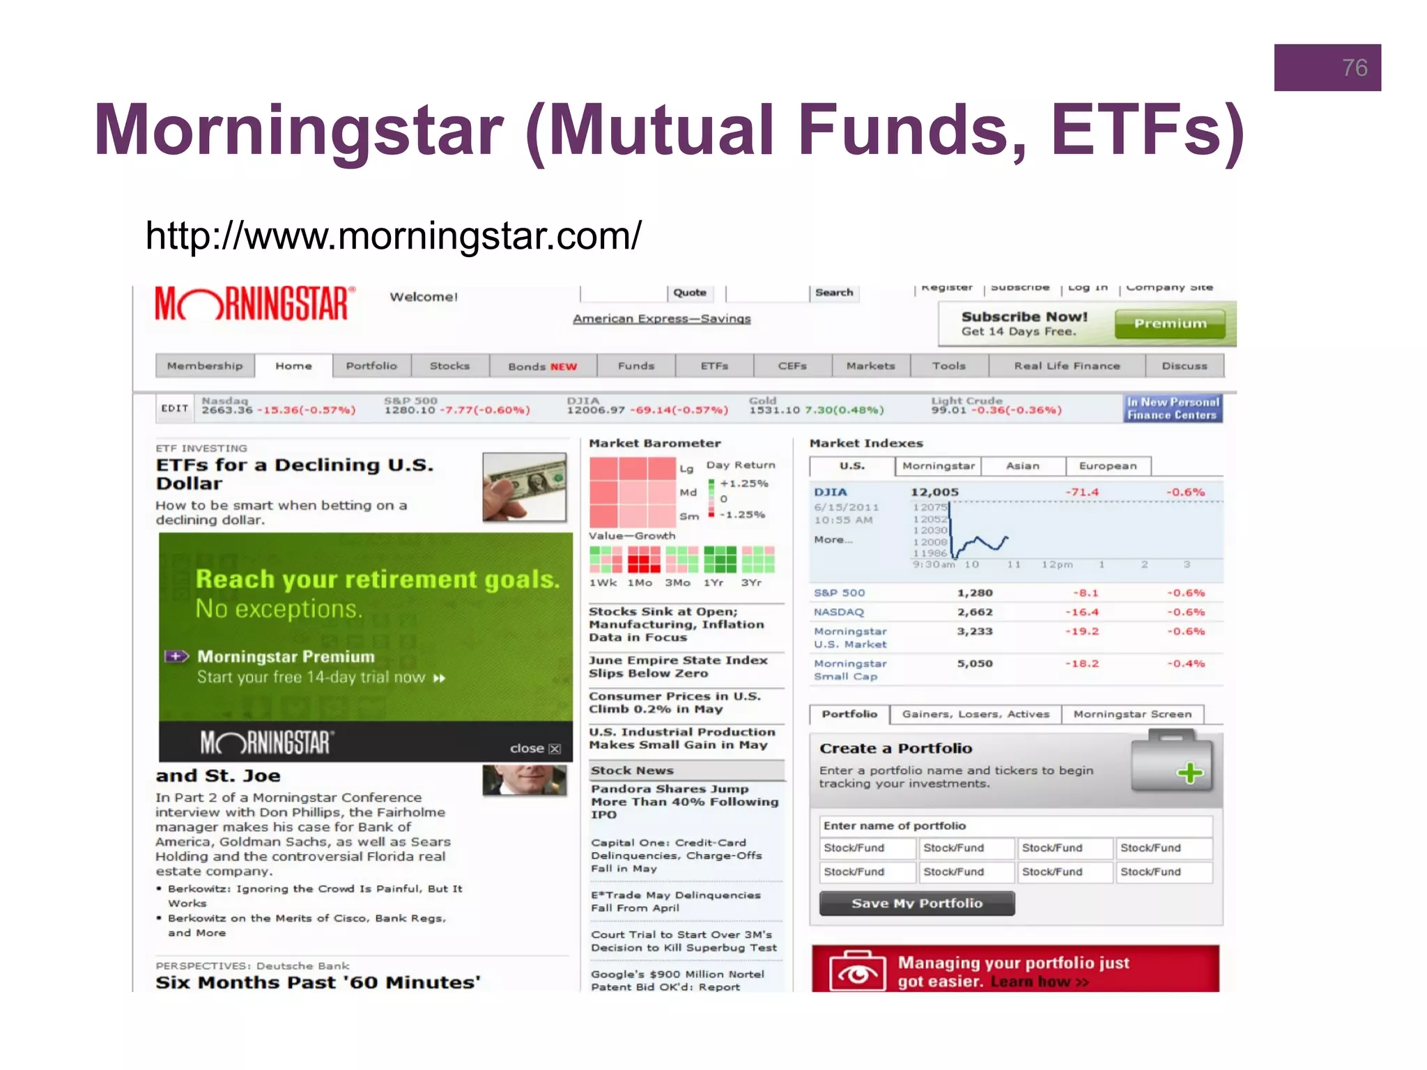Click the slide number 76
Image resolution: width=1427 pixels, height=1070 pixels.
[x=1354, y=68]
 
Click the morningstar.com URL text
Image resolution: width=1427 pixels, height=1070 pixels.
[x=393, y=235]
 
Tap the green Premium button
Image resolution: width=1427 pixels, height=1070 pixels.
[x=1170, y=324]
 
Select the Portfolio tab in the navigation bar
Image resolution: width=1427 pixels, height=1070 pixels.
[x=371, y=366]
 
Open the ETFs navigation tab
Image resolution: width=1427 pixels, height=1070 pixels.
[x=714, y=366]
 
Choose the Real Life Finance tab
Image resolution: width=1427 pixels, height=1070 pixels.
[x=1067, y=366]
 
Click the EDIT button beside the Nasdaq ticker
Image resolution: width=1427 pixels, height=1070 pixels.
[x=175, y=408]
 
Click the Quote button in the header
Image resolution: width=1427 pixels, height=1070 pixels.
[x=690, y=293]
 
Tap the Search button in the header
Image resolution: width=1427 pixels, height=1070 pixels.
[x=834, y=293]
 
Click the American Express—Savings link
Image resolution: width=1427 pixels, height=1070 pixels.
[x=661, y=318]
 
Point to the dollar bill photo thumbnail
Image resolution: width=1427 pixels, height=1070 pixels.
[x=525, y=487]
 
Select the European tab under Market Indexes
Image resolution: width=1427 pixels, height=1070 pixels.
[x=1107, y=465]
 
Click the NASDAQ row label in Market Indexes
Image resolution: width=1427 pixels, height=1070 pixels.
[x=839, y=612]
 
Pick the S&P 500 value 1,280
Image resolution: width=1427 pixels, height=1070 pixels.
[x=974, y=593]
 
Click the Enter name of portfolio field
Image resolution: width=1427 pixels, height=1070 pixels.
[x=1015, y=825]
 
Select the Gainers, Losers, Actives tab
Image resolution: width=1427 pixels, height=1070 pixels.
[x=975, y=714]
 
